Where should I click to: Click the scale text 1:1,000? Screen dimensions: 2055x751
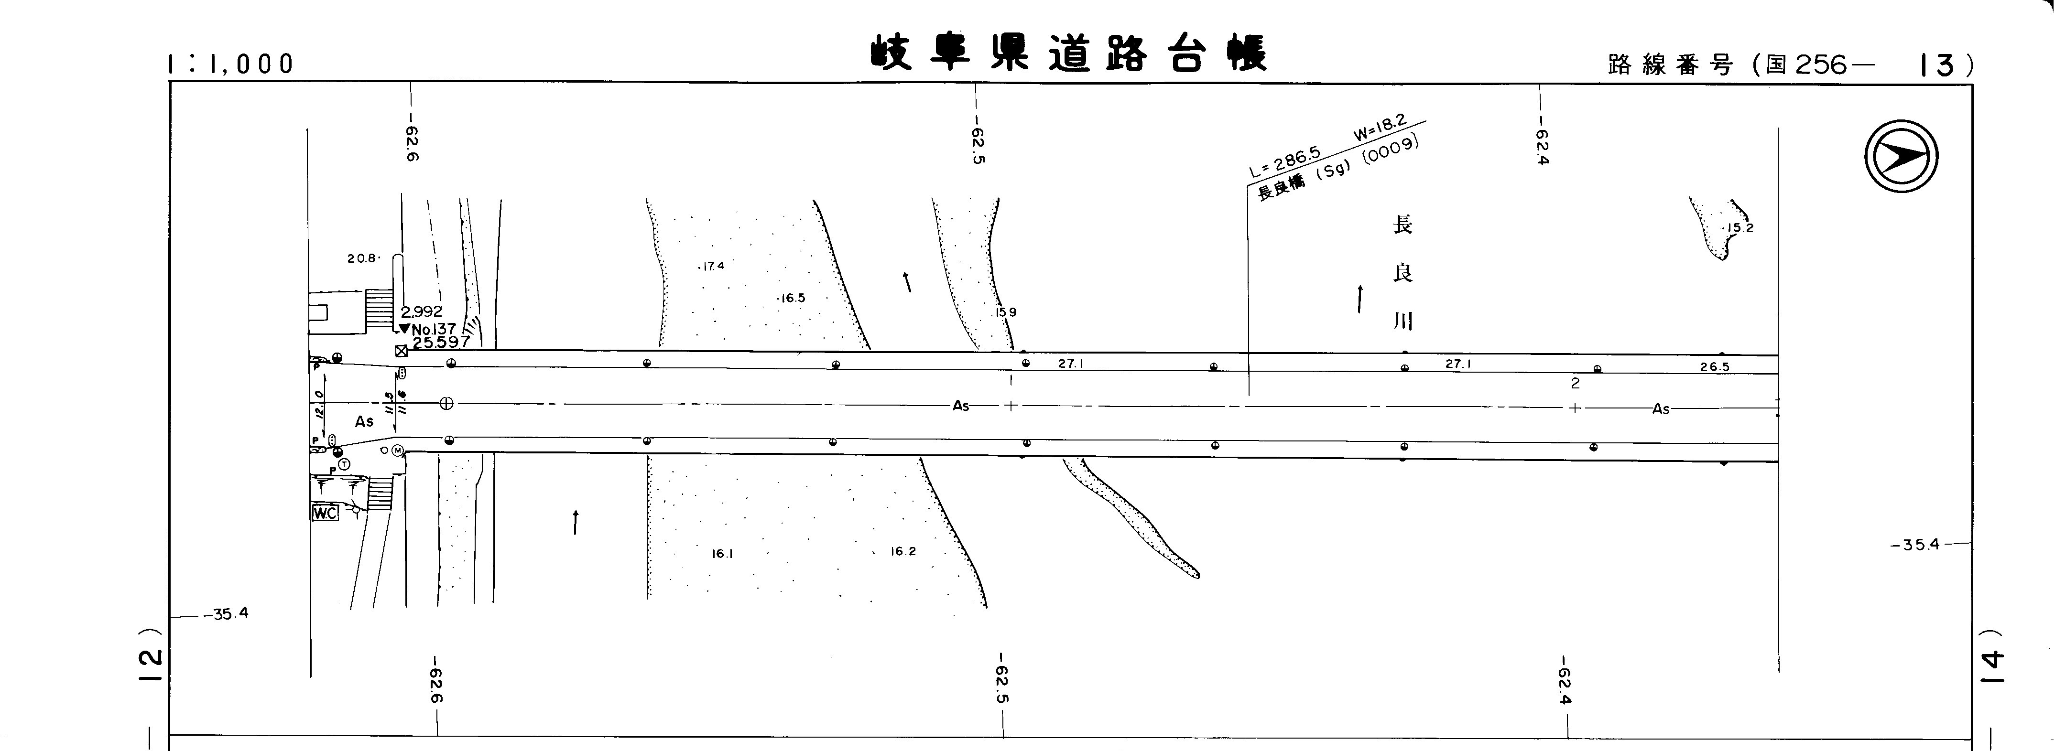point(231,64)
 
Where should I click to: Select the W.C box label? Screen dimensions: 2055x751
point(325,514)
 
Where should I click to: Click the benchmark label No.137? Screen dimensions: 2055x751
point(433,329)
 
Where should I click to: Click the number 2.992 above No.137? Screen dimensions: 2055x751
point(421,311)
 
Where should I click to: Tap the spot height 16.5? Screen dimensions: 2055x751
point(792,298)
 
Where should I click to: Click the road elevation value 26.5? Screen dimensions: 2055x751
point(1714,367)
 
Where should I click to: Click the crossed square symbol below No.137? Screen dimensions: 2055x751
point(401,351)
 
